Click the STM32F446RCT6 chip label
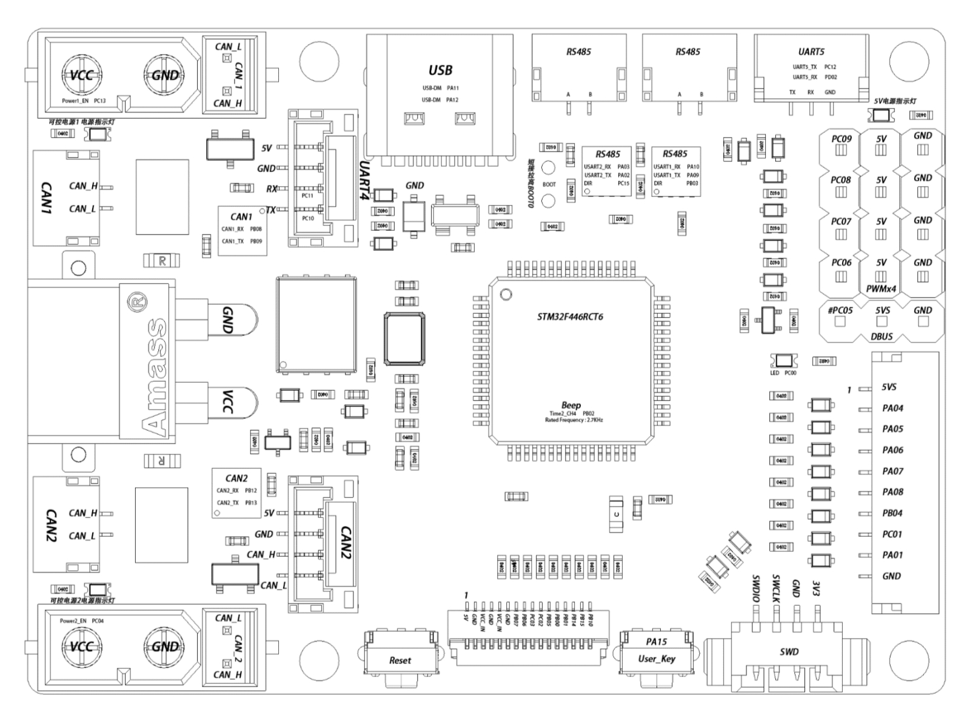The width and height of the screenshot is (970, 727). (x=570, y=317)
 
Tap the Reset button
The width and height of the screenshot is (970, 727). (x=400, y=660)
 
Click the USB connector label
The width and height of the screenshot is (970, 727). (x=440, y=70)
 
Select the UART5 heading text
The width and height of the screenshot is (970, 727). (x=811, y=52)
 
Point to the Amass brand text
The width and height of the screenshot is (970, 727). (x=155, y=377)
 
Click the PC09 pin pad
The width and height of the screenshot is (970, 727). (x=841, y=150)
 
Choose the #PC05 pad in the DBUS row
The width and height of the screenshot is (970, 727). (x=840, y=321)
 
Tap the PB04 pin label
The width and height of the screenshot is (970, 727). (x=892, y=513)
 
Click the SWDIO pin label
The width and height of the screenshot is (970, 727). (x=755, y=588)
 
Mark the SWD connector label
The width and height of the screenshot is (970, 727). (x=789, y=652)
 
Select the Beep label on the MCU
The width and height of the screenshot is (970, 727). (x=570, y=405)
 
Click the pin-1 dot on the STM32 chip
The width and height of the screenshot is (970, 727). (x=506, y=294)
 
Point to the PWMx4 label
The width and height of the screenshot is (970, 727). (x=881, y=289)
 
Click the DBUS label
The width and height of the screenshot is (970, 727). (x=881, y=336)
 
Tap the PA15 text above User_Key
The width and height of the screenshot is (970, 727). (x=656, y=642)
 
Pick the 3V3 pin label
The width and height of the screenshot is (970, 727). (x=817, y=588)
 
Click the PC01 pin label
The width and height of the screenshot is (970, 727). (x=892, y=534)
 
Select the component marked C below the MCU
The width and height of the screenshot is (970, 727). (x=616, y=514)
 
